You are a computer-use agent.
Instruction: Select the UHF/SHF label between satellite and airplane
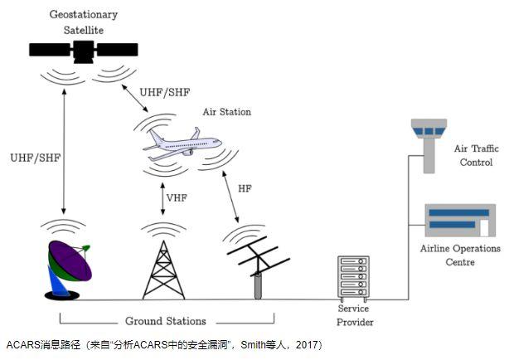(x=165, y=91)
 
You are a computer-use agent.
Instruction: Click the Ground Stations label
(x=166, y=321)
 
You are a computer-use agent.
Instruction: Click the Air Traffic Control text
(x=476, y=155)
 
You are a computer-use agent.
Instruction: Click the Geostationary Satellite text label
(x=83, y=22)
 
